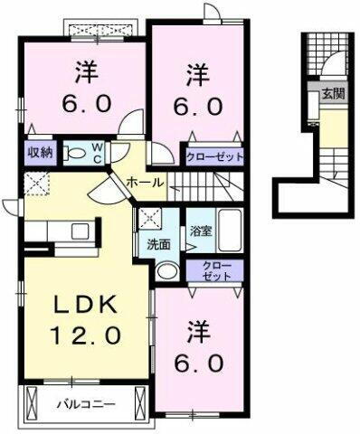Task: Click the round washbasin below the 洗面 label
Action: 166,271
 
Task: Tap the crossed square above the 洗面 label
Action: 147,218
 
